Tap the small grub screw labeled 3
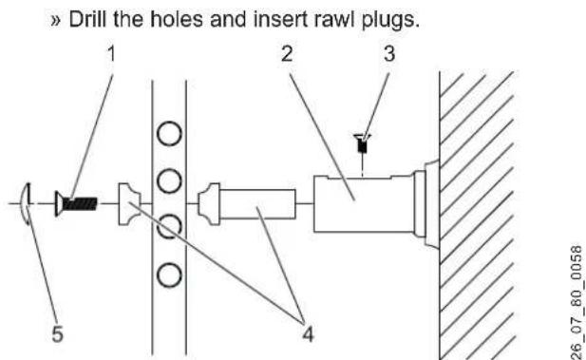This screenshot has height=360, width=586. [x=363, y=147]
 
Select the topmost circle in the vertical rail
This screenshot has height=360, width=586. [x=169, y=134]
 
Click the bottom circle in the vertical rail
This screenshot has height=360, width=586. [x=169, y=275]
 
